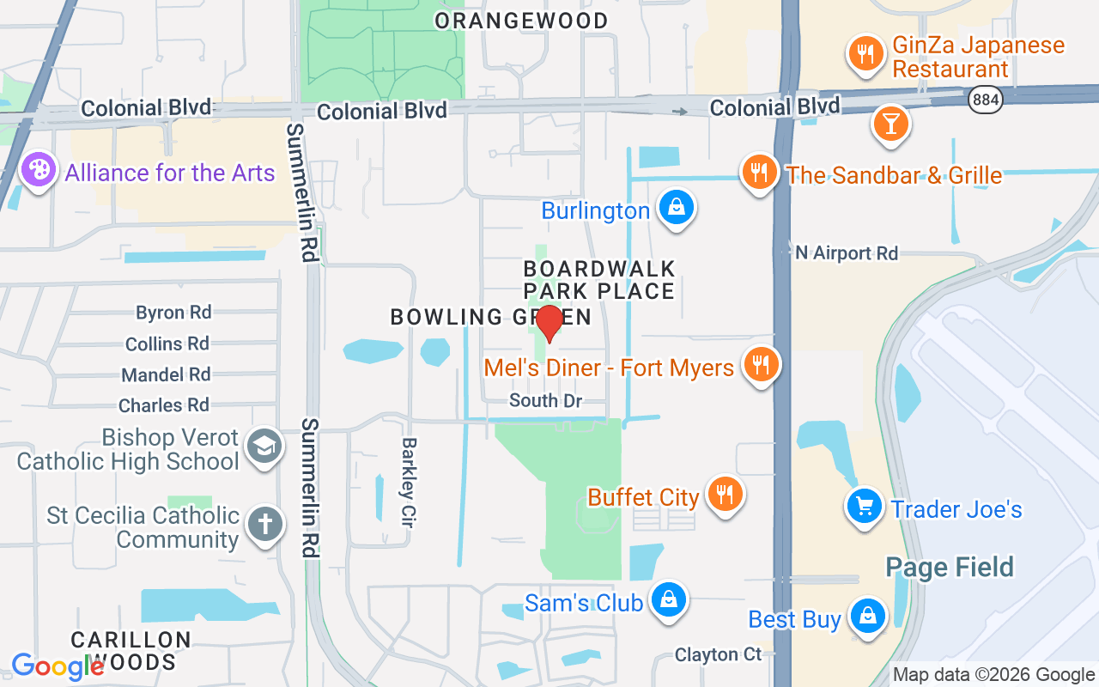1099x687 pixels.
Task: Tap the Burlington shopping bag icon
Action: [x=677, y=208]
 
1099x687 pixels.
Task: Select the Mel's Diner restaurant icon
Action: [x=760, y=365]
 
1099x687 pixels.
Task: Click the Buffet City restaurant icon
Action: [x=725, y=495]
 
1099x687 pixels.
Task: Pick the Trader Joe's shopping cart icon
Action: [x=865, y=507]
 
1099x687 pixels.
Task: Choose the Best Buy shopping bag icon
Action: [x=867, y=616]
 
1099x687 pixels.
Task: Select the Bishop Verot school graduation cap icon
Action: [x=264, y=447]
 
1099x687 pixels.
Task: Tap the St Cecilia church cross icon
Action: [x=264, y=524]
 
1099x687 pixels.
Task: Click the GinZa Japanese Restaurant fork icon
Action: [x=865, y=53]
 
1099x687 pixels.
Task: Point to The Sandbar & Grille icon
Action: [x=759, y=173]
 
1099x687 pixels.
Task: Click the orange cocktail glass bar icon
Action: [x=890, y=124]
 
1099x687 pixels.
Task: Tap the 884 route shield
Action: [x=985, y=100]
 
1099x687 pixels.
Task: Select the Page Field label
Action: [x=950, y=567]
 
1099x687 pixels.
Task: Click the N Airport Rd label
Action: [x=847, y=252]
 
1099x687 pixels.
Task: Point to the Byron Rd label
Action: [x=173, y=312]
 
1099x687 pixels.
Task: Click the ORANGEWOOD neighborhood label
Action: [x=521, y=21]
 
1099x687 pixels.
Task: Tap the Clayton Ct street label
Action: [x=718, y=654]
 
